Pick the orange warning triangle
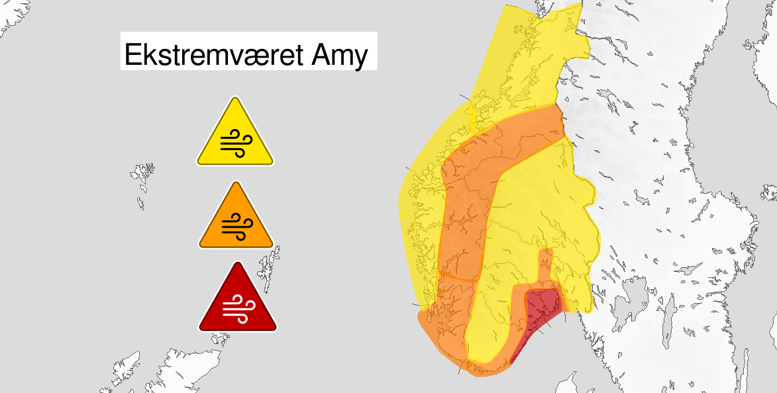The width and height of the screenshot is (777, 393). point(235,218)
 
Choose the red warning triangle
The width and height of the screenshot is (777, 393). point(237,301)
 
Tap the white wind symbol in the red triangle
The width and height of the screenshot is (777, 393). point(237,308)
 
